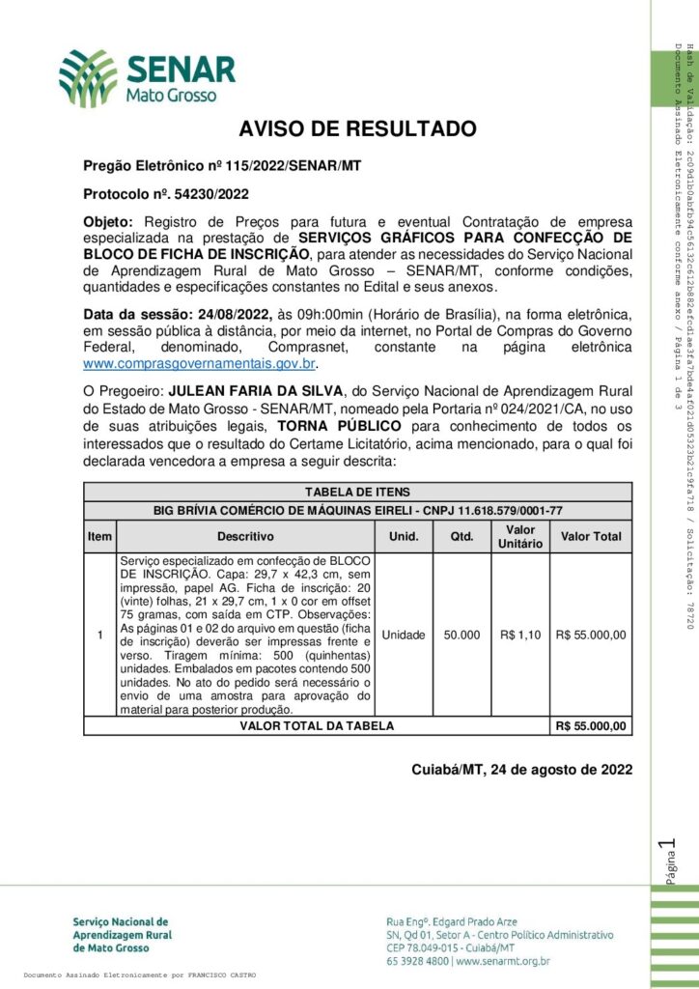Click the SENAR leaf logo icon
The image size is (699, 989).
[x=88, y=77]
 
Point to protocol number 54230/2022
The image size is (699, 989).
[x=194, y=193]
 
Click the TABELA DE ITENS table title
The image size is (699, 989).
[x=357, y=492]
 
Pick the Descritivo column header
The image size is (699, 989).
[x=245, y=536]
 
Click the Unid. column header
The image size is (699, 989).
[x=403, y=536]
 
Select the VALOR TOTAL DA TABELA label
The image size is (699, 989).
[x=317, y=725]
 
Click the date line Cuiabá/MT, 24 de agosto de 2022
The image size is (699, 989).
[x=521, y=770]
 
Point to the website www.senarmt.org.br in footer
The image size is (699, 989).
[x=502, y=961]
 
